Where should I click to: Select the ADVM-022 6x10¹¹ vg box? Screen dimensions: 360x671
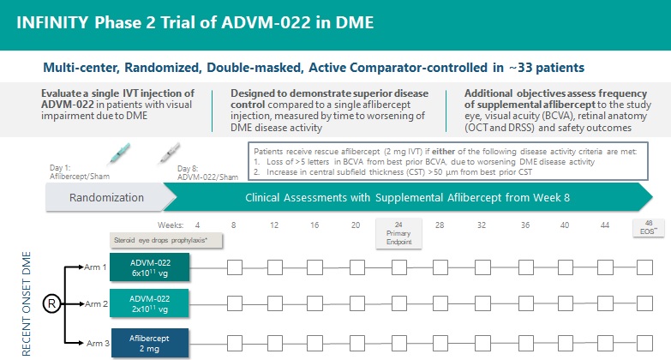(150, 267)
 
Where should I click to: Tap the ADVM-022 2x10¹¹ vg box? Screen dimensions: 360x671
(150, 303)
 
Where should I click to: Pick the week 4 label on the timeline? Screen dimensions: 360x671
(198, 225)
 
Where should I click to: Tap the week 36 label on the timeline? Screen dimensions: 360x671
(524, 225)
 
